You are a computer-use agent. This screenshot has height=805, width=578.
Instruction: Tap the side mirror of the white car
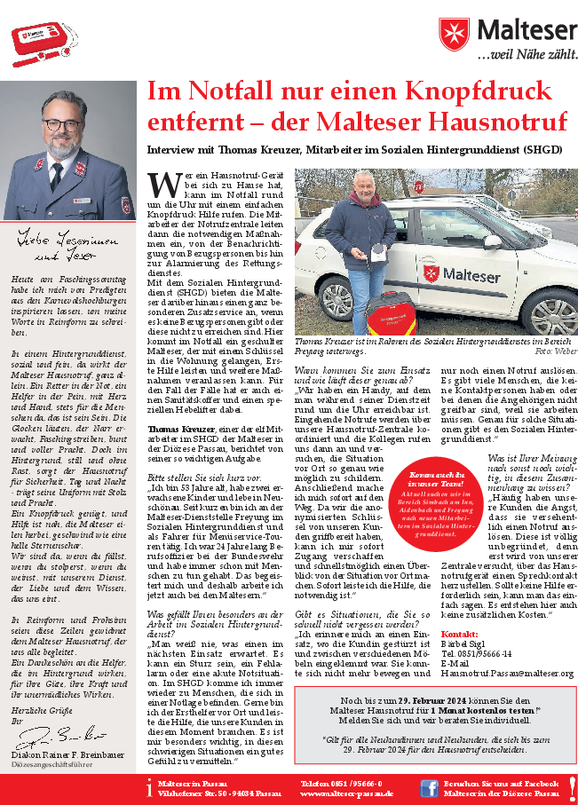click(491, 241)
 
